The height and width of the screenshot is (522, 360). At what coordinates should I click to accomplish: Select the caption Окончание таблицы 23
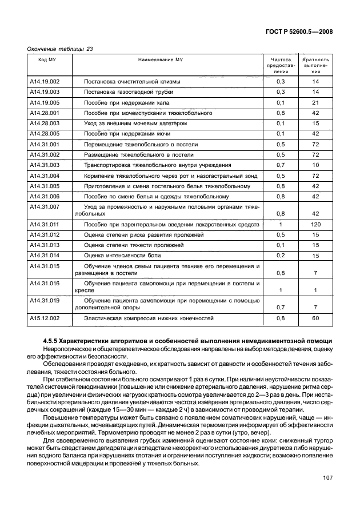click(60, 49)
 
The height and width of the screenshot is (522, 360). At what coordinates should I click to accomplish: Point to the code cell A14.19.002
click(45, 81)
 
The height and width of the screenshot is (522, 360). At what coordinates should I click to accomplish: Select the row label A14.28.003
click(45, 123)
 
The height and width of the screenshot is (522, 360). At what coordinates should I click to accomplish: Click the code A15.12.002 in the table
click(45, 318)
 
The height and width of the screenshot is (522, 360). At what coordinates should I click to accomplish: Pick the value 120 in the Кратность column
click(315, 225)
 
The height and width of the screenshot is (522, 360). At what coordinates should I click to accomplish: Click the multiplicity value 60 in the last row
click(315, 318)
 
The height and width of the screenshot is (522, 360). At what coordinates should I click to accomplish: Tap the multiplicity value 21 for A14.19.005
click(315, 102)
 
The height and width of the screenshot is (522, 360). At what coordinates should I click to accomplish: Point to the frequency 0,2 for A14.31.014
click(281, 256)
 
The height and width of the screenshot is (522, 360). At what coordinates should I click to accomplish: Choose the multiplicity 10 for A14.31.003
click(315, 165)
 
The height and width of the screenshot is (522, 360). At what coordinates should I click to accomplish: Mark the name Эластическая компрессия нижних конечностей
click(149, 318)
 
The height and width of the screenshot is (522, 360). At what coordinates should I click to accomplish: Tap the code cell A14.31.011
click(45, 225)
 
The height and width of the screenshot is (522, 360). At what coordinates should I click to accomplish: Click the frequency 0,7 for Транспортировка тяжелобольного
click(281, 165)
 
